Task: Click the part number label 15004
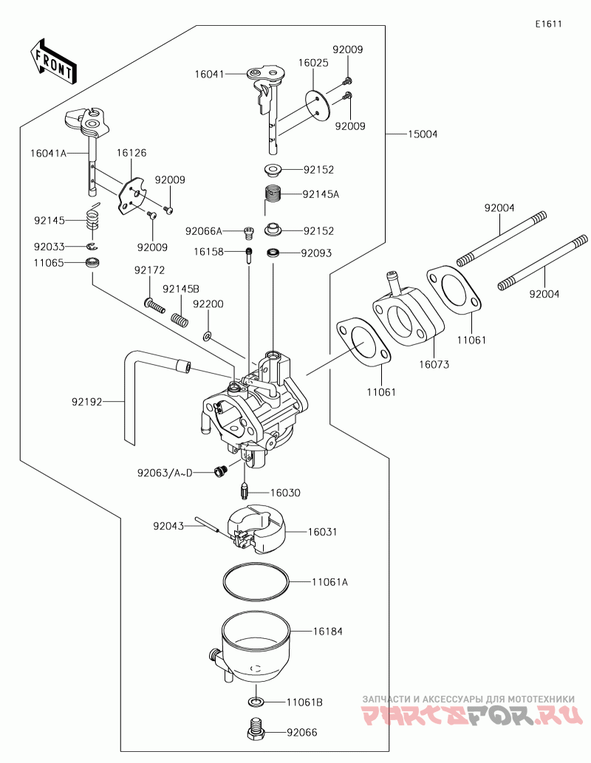click(423, 134)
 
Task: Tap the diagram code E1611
click(549, 24)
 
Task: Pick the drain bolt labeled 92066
click(256, 731)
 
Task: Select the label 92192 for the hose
click(86, 403)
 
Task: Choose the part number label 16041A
click(48, 153)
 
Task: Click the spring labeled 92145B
click(178, 317)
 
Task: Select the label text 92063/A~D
click(164, 472)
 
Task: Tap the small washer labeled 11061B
click(256, 700)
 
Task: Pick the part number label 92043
click(168, 526)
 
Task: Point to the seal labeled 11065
click(93, 263)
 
